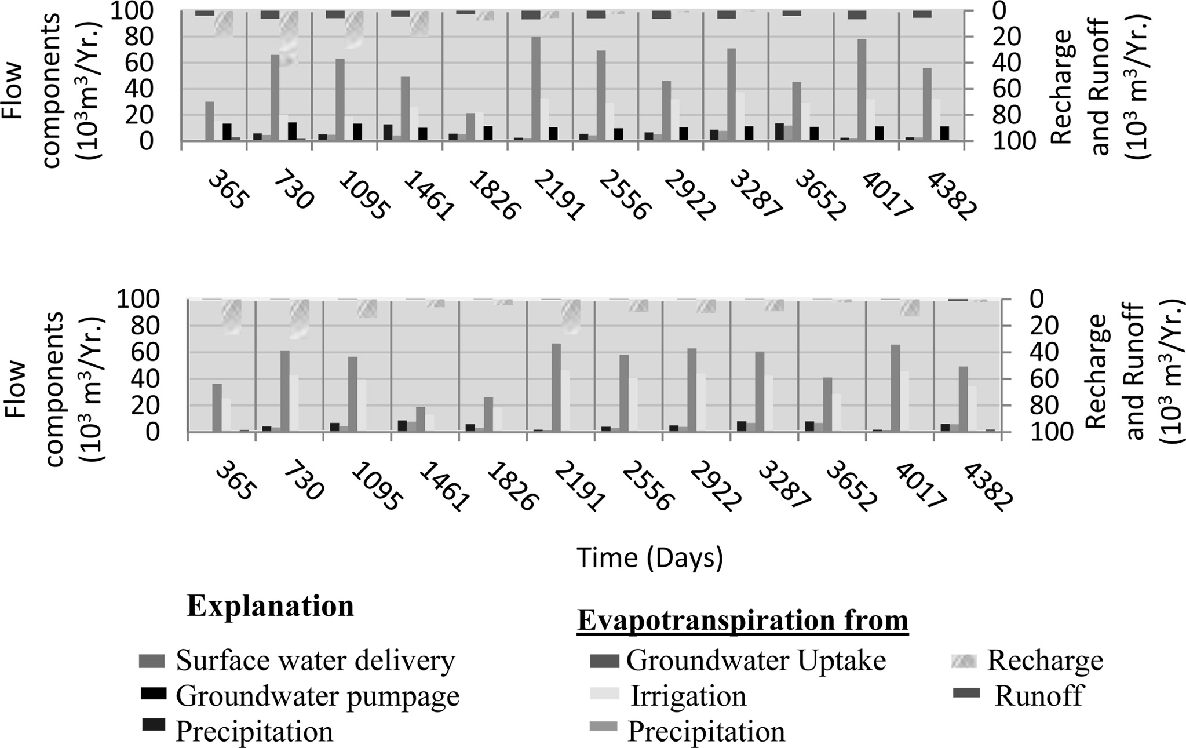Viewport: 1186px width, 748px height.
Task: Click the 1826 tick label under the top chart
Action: pos(492,196)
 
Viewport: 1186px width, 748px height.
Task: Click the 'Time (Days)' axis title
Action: pos(649,557)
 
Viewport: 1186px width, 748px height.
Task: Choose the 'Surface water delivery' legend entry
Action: pos(315,661)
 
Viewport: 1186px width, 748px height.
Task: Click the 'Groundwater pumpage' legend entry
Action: pos(317,695)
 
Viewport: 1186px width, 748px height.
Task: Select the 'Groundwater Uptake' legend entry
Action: pos(756,661)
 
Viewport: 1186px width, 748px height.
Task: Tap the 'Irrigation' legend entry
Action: pos(688,695)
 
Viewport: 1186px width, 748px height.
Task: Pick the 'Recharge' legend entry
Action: pos(1045,661)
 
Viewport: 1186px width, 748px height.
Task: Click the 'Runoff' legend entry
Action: pos(1038,695)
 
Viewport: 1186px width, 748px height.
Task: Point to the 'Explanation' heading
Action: pos(270,606)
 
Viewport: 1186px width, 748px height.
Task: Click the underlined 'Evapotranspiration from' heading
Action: pos(743,621)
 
